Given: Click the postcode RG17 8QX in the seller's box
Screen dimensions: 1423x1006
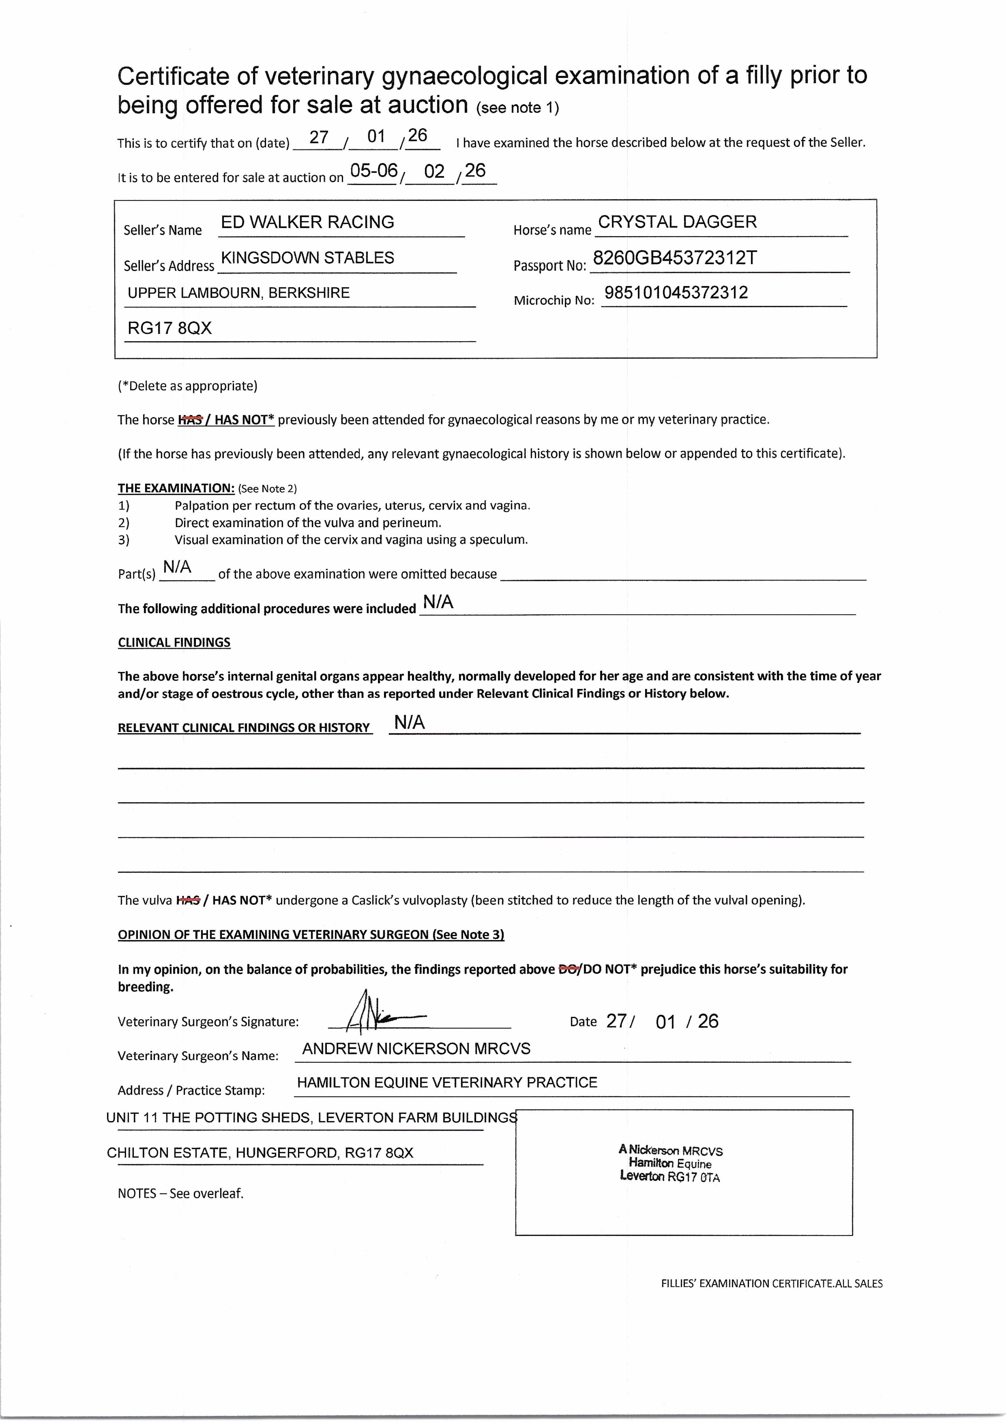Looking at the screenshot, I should click(x=170, y=328).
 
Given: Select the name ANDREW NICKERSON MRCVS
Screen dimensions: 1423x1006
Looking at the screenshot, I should click(x=416, y=1049).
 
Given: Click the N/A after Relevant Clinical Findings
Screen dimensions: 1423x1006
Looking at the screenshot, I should click(x=410, y=723).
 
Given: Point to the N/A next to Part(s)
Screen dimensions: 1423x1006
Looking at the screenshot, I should click(x=177, y=567).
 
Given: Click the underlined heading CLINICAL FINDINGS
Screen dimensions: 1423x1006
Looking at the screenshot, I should click(x=174, y=643).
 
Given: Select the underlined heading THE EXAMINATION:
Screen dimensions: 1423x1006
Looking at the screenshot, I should click(x=176, y=488).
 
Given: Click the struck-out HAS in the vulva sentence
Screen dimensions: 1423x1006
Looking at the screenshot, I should click(x=188, y=900).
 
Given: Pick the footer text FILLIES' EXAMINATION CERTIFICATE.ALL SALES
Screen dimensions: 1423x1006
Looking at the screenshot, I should click(x=771, y=1284).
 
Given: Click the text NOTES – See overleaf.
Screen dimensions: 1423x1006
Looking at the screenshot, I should click(x=180, y=1194).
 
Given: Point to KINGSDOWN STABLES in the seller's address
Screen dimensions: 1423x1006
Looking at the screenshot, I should click(x=307, y=258).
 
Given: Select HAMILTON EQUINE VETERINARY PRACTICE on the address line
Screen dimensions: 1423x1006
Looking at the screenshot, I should click(x=447, y=1083).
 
